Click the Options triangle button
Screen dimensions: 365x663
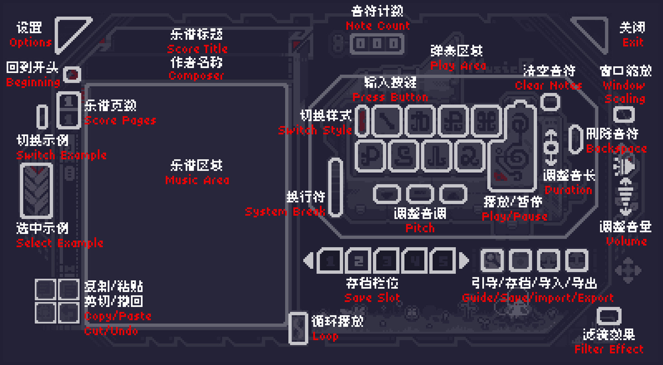pyautogui.click(x=69, y=31)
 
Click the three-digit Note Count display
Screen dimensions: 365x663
pyautogui.click(x=377, y=44)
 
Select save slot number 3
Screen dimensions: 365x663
pyautogui.click(x=386, y=261)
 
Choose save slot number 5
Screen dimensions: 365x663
pyautogui.click(x=443, y=261)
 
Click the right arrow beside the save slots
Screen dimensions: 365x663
pyautogui.click(x=464, y=261)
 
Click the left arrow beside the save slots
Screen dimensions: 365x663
pyautogui.click(x=308, y=261)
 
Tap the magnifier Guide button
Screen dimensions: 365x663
pyautogui.click(x=492, y=261)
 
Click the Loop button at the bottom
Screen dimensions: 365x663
pyautogui.click(x=298, y=328)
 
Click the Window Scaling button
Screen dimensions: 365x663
pyautogui.click(x=624, y=114)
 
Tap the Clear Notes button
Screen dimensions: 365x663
pyautogui.click(x=550, y=102)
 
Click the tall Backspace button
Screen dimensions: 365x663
pyautogui.click(x=576, y=140)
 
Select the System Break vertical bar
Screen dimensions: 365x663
pyautogui.click(x=335, y=188)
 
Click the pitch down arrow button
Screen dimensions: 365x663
pyautogui.click(x=387, y=195)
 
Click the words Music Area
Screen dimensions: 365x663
pyautogui.click(x=197, y=180)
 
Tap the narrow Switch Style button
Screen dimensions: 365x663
pyautogui.click(x=362, y=121)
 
